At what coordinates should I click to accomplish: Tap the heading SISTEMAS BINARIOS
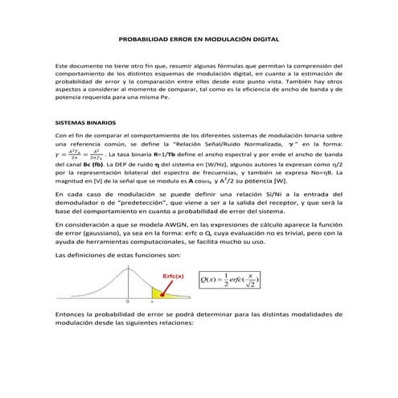click(85, 124)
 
